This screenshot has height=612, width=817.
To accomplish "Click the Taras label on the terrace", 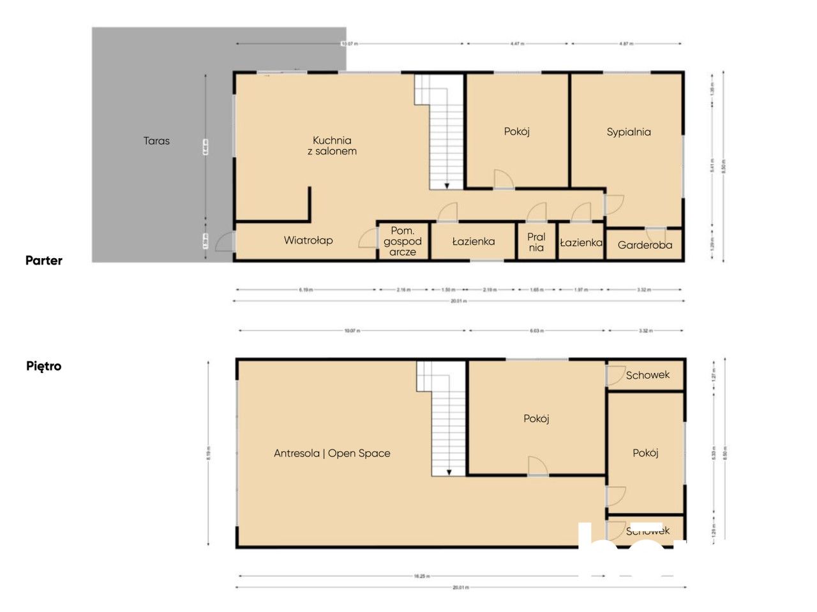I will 156,141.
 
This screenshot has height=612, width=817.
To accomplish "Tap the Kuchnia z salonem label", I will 332,145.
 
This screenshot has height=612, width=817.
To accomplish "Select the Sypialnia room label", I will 628,132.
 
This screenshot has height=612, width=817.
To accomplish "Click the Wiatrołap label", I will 308,240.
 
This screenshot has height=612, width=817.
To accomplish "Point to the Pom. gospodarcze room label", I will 403,241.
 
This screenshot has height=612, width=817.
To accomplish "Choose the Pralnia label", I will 536,242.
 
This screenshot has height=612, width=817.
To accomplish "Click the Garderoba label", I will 645,245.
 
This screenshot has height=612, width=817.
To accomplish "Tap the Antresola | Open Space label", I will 332,453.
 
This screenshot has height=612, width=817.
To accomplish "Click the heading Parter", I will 44,260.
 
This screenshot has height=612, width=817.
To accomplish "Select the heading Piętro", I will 44,366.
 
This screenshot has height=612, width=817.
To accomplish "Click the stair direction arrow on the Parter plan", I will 447,185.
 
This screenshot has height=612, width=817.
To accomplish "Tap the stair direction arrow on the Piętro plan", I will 449,472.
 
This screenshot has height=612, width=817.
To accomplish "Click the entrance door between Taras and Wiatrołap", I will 225,242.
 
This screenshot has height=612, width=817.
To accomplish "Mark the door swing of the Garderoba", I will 656,233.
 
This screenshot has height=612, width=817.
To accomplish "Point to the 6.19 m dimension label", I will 306,290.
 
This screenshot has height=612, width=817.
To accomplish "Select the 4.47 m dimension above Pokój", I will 517,44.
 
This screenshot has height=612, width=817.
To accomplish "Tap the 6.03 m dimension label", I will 537,331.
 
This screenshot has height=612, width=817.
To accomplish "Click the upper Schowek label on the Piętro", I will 647,375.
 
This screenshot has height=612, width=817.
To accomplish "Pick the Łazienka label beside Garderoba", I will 581,242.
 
